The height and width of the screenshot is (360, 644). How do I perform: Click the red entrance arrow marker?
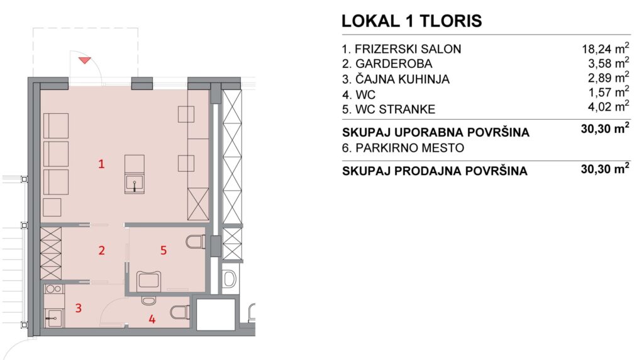point(85,60)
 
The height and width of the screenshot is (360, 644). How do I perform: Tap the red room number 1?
point(101,164)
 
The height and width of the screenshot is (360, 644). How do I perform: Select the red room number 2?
point(101,250)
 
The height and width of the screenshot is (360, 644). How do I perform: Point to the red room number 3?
point(79,307)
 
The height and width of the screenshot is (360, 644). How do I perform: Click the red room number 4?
point(152,319)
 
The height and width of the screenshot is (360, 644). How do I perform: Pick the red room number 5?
point(164,250)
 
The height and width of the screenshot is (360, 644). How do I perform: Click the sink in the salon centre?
point(135,184)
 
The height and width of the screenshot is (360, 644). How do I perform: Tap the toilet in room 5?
point(195,242)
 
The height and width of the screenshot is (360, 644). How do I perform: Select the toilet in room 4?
point(180,312)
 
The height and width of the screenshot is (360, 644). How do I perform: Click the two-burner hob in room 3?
point(54,289)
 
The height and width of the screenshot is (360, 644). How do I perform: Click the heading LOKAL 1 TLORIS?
point(411,21)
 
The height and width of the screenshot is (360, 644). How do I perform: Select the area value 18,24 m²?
point(606,48)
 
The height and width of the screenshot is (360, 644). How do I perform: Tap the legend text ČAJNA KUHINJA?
point(402,79)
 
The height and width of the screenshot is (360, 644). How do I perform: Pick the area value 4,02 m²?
point(609,107)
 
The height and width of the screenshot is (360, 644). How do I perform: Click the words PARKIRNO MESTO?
point(410,147)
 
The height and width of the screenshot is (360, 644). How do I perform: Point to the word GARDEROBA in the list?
point(394,64)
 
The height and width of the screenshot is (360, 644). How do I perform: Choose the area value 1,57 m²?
point(609,92)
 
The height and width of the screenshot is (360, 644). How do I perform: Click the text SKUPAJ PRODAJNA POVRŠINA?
point(435,171)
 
